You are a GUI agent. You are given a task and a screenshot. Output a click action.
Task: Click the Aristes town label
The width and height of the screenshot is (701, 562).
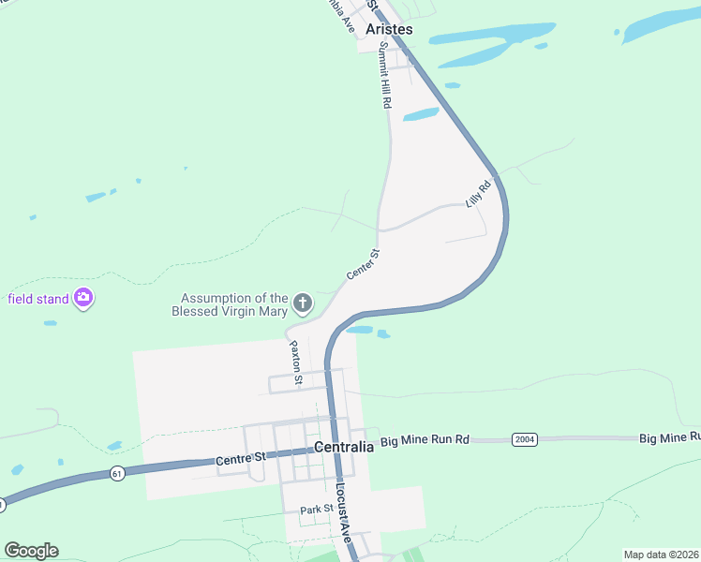[389, 30]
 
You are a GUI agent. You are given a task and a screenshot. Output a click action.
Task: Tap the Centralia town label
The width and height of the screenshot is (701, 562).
[344, 447]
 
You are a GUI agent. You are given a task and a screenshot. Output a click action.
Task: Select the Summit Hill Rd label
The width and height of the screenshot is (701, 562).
[383, 80]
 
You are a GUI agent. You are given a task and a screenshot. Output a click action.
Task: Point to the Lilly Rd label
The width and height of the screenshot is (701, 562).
[478, 195]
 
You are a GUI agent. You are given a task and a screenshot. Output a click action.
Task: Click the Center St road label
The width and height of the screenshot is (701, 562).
[363, 264]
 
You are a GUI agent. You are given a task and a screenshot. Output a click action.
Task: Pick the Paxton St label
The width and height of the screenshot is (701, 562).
[294, 362]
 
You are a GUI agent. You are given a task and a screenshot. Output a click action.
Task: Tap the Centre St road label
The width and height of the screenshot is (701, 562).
[242, 459]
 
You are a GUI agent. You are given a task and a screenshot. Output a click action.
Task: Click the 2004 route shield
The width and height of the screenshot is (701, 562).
[524, 438]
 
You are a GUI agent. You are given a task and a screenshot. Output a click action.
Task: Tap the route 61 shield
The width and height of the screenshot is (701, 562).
[115, 472]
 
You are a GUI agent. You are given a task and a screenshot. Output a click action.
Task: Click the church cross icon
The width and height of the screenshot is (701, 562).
[302, 303]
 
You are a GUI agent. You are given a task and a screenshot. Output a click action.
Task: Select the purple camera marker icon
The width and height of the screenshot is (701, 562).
[83, 298]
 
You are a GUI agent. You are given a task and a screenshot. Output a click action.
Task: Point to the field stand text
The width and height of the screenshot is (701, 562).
[38, 299]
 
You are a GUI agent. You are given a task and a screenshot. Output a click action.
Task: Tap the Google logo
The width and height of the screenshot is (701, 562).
[31, 551]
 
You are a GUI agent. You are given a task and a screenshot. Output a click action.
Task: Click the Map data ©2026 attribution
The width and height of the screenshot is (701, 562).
[661, 555]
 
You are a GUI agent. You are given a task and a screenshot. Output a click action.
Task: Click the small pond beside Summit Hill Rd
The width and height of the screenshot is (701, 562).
[421, 115]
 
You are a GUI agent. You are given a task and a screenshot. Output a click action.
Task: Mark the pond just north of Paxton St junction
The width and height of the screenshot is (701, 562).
[361, 330]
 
